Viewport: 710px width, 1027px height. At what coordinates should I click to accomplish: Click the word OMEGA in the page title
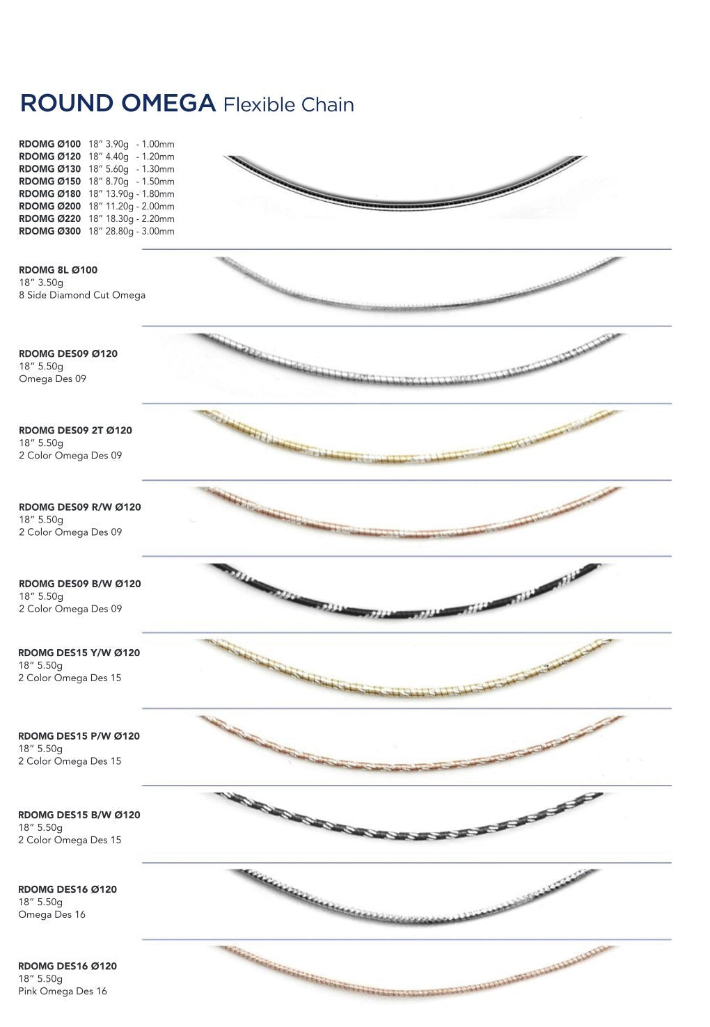point(168,103)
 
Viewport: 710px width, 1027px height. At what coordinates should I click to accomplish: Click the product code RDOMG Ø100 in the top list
point(49,144)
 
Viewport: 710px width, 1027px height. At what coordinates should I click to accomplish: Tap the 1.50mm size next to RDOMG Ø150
point(158,182)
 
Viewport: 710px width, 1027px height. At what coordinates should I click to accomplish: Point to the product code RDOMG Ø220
point(49,218)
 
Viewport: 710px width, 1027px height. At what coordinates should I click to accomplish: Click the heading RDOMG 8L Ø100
point(58,270)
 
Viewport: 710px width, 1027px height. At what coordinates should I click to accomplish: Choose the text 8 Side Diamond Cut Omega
point(82,295)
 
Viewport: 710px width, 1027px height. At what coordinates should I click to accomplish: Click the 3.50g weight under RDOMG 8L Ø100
point(51,282)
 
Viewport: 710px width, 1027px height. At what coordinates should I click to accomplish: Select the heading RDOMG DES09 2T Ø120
point(75,431)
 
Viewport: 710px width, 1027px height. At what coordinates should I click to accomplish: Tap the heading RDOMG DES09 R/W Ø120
point(79,507)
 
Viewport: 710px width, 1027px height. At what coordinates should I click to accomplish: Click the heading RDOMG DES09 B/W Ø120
point(79,584)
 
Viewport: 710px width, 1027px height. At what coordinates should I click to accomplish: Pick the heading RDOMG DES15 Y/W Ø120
point(79,653)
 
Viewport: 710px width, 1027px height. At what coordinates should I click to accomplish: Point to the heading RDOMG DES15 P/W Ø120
point(79,736)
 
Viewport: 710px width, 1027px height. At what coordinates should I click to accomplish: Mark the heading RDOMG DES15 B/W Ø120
point(79,815)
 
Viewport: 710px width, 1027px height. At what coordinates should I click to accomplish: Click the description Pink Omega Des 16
point(63,992)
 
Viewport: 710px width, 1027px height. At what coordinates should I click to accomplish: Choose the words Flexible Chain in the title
point(289,105)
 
